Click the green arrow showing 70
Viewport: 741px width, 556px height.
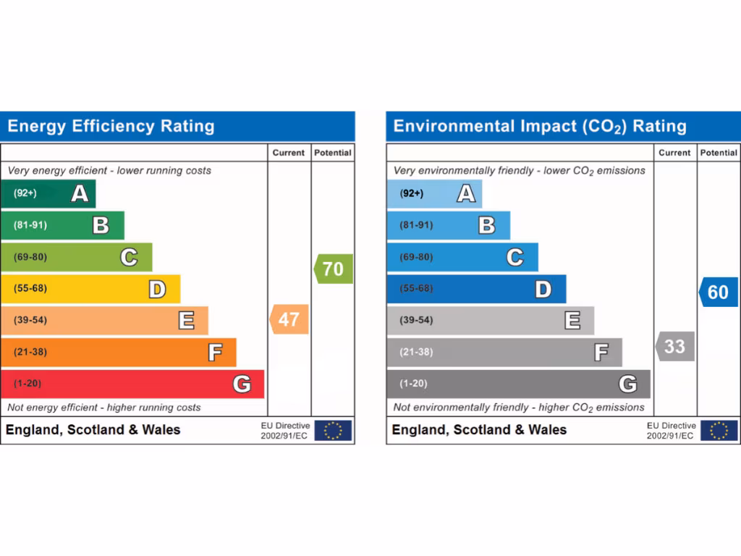click(x=334, y=269)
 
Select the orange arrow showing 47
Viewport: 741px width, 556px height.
click(x=289, y=319)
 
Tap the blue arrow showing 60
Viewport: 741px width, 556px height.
click(x=719, y=292)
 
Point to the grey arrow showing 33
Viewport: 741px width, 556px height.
click(x=675, y=346)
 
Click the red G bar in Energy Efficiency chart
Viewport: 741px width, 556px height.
click(x=132, y=384)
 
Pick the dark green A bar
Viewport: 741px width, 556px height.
click(x=48, y=193)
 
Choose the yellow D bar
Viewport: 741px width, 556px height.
click(x=90, y=289)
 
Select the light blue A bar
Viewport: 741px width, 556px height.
click(x=433, y=193)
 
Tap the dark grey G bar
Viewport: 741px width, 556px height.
click(x=517, y=384)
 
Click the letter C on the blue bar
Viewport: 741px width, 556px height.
click(x=515, y=257)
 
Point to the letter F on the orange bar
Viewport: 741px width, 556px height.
click(x=215, y=353)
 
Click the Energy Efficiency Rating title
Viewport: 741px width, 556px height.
click(x=111, y=127)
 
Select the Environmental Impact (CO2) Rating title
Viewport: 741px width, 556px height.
click(x=540, y=127)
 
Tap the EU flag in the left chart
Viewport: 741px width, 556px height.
click(x=333, y=431)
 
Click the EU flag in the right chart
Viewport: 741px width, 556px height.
click(x=719, y=431)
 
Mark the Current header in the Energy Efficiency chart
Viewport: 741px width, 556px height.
click(x=289, y=153)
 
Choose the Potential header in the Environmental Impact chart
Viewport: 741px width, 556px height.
click(x=719, y=153)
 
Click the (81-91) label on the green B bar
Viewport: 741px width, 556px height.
click(x=30, y=225)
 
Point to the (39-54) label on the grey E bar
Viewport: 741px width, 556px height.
click(x=416, y=320)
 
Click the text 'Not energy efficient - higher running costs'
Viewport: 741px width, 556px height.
click(x=104, y=408)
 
